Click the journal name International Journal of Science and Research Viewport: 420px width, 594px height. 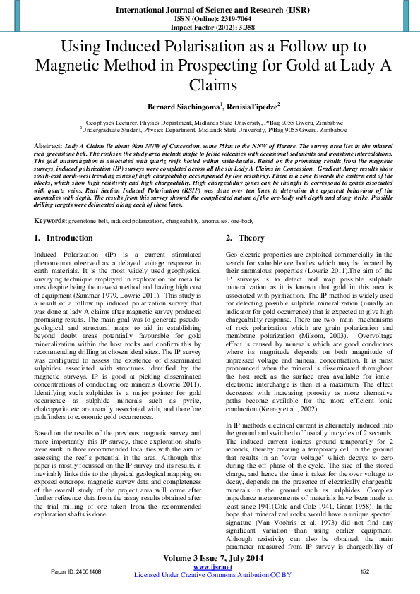click(x=209, y=11)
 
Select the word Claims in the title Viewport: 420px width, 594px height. click(x=210, y=85)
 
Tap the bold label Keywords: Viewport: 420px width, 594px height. click(x=51, y=221)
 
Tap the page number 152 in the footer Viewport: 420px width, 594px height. click(x=365, y=571)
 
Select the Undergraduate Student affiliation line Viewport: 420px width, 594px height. click(x=210, y=130)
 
